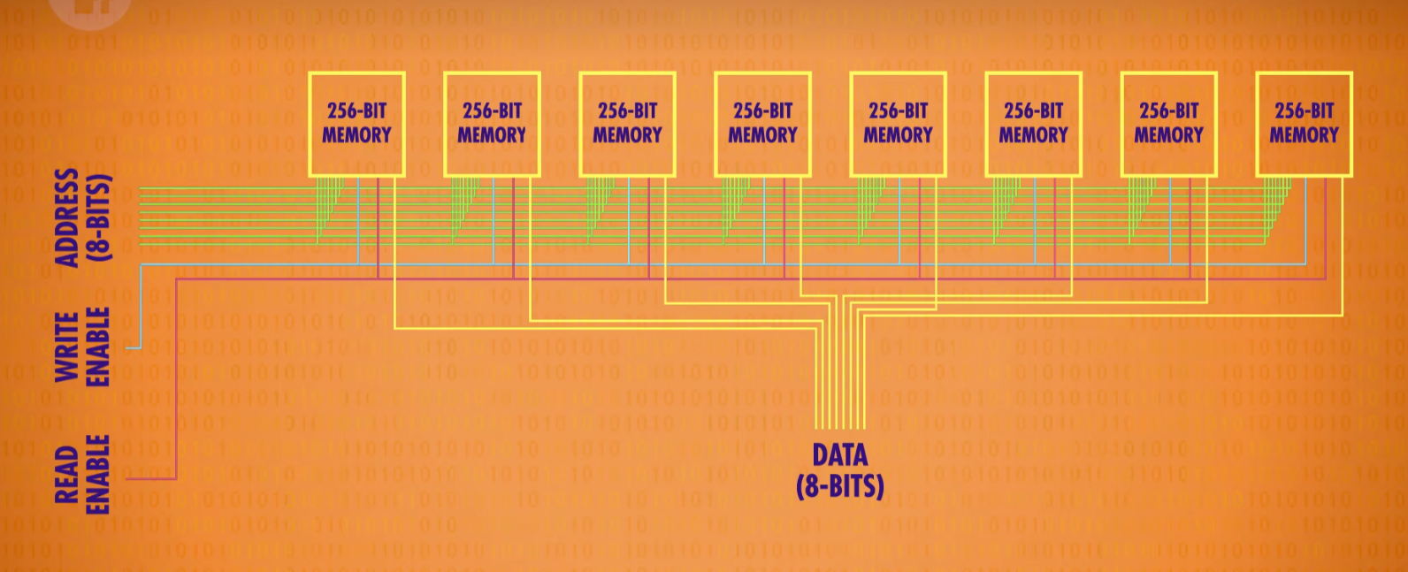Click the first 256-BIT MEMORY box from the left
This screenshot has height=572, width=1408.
pyautogui.click(x=356, y=124)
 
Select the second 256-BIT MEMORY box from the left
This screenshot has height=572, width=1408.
pyautogui.click(x=492, y=124)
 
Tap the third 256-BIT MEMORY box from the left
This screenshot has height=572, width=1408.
pyautogui.click(x=627, y=124)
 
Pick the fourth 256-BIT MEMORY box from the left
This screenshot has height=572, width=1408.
pyautogui.click(x=762, y=124)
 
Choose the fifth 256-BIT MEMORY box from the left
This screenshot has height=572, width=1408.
pyautogui.click(x=898, y=124)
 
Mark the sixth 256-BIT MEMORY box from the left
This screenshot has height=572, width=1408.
pyautogui.click(x=1033, y=124)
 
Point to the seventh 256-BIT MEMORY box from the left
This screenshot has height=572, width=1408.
pyautogui.click(x=1168, y=124)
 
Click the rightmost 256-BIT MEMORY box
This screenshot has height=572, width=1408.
pyautogui.click(x=1304, y=124)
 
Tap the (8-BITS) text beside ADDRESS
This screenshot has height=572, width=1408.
pyautogui.click(x=99, y=217)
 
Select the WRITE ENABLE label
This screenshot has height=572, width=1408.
pyautogui.click(x=82, y=347)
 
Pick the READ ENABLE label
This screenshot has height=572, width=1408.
pyautogui.click(x=82, y=474)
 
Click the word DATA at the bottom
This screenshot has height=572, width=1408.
pyautogui.click(x=839, y=455)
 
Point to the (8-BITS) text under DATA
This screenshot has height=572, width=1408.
pyautogui.click(x=839, y=485)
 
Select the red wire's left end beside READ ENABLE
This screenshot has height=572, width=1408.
pyautogui.click(x=131, y=478)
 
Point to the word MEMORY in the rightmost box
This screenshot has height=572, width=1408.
pyautogui.click(x=1304, y=135)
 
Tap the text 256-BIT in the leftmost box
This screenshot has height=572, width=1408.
pyautogui.click(x=356, y=111)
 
